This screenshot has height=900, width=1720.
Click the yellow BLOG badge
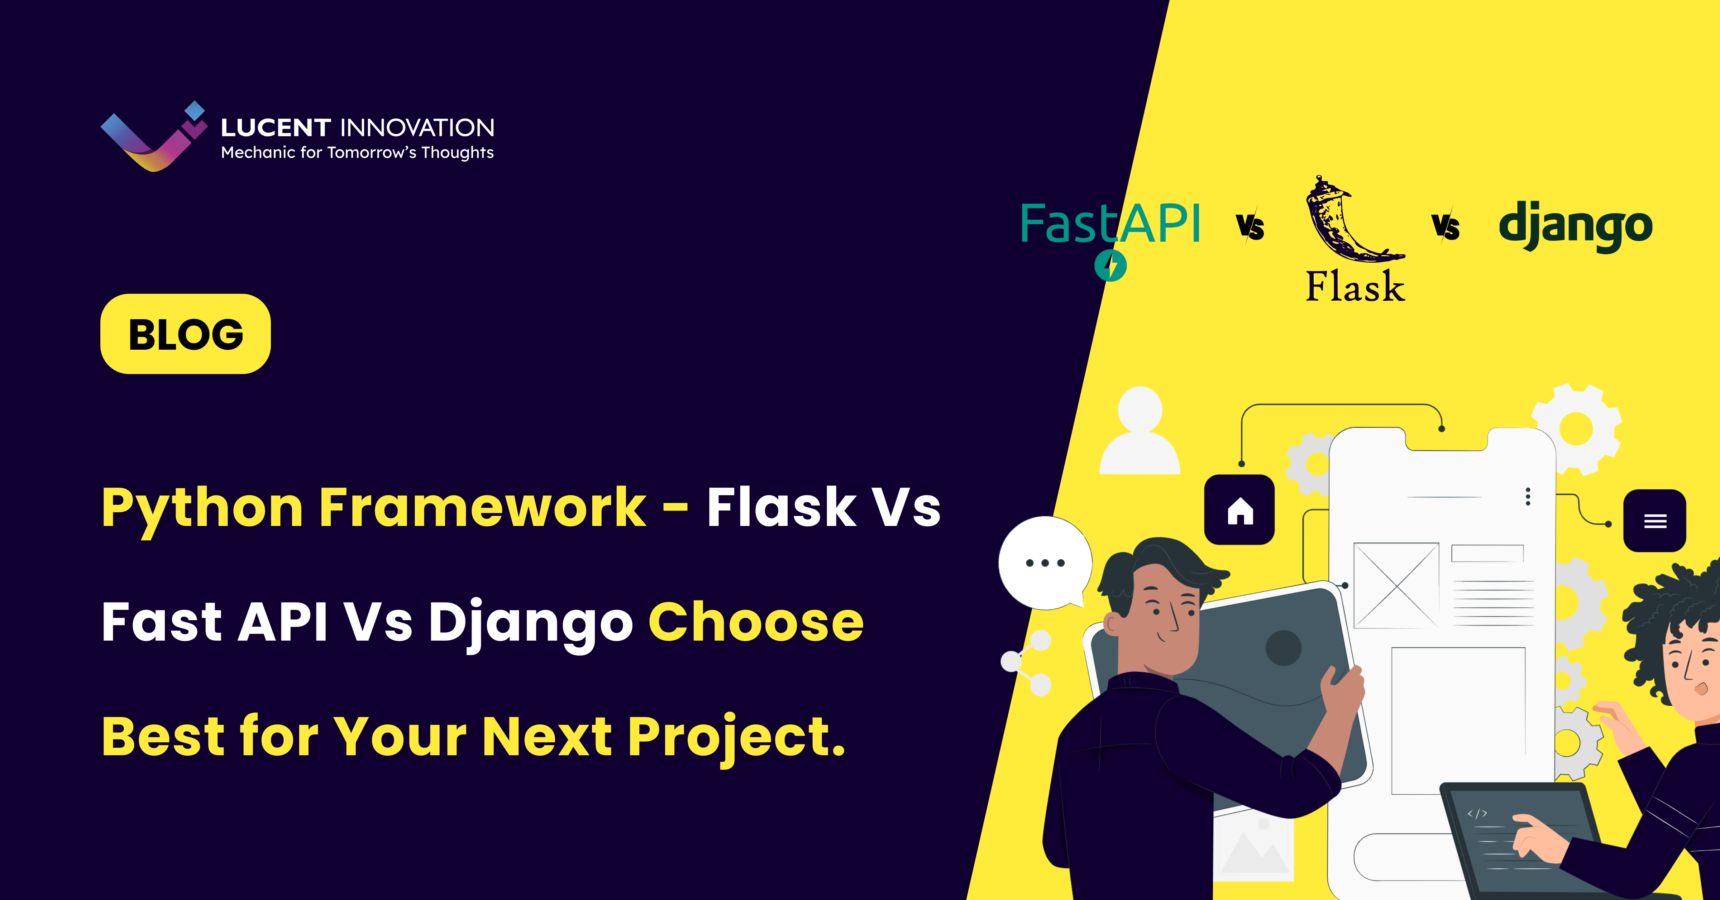coord(186,334)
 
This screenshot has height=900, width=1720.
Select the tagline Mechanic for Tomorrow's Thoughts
coord(357,153)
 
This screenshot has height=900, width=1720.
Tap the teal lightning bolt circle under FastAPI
coord(1110,266)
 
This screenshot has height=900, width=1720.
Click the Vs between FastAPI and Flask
coord(1250,226)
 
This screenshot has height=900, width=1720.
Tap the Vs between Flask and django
coord(1446,226)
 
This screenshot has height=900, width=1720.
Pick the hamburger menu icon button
coord(1654,521)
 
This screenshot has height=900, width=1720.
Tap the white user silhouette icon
coord(1140,431)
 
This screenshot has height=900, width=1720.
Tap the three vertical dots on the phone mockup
coord(1528,496)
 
